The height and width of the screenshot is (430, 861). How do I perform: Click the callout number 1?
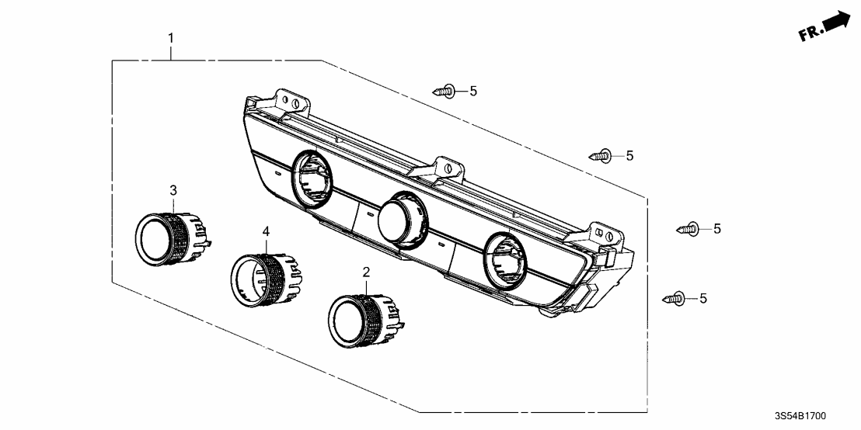point(172,37)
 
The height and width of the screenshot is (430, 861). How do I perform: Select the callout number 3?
point(173,190)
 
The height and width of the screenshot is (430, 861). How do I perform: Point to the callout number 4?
point(266,231)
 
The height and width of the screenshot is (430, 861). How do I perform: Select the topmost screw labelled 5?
point(444,92)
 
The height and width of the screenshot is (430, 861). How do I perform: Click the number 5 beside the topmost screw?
point(472,92)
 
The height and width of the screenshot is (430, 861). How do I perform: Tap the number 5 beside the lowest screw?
point(703,298)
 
